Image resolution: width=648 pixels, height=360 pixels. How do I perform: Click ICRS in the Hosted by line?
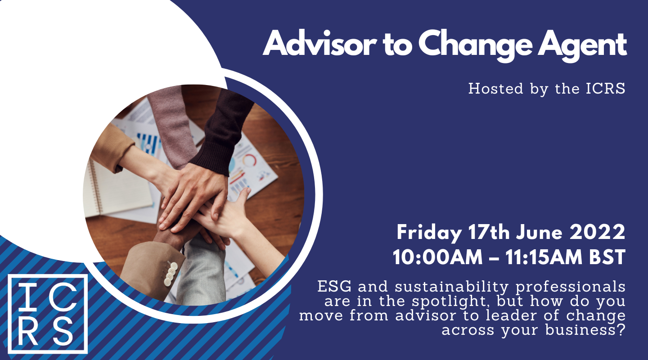coord(606,89)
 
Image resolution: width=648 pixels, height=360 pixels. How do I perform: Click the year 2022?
coord(598,232)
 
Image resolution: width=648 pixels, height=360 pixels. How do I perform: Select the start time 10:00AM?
coord(437,257)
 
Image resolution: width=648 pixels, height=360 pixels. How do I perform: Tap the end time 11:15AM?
coord(544,257)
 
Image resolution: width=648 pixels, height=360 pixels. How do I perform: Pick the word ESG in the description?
coord(334,287)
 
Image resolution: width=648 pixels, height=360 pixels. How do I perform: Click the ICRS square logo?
coord(48,314)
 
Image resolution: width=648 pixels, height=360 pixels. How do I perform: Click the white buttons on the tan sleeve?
coord(171,274)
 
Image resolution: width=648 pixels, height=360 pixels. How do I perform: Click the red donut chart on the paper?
coord(249,160)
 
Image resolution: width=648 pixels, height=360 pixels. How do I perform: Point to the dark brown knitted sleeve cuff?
coord(212,157)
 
